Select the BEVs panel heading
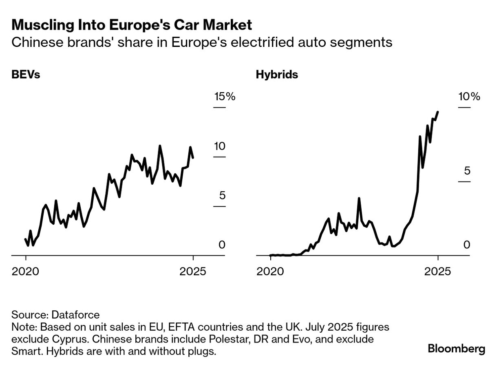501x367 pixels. [x=26, y=75]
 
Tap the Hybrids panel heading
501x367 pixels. [x=277, y=75]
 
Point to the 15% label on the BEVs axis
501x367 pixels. [x=225, y=97]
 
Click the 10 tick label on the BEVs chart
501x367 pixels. [x=219, y=146]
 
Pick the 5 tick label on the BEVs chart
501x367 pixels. [x=222, y=196]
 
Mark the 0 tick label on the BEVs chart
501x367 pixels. [x=222, y=245]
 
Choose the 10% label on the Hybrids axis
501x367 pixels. [x=469, y=97]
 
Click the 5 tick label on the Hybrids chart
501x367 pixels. [x=467, y=171]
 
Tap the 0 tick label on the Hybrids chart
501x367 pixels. [x=467, y=245]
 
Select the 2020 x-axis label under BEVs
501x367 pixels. [x=26, y=271]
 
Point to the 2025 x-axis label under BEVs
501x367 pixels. [x=193, y=271]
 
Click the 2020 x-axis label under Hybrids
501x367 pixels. [x=270, y=271]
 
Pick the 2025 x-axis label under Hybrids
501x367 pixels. [x=438, y=271]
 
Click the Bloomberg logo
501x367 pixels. [x=457, y=349]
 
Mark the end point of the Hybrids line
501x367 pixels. [x=438, y=112]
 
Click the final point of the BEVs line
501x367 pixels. [x=193, y=157]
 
